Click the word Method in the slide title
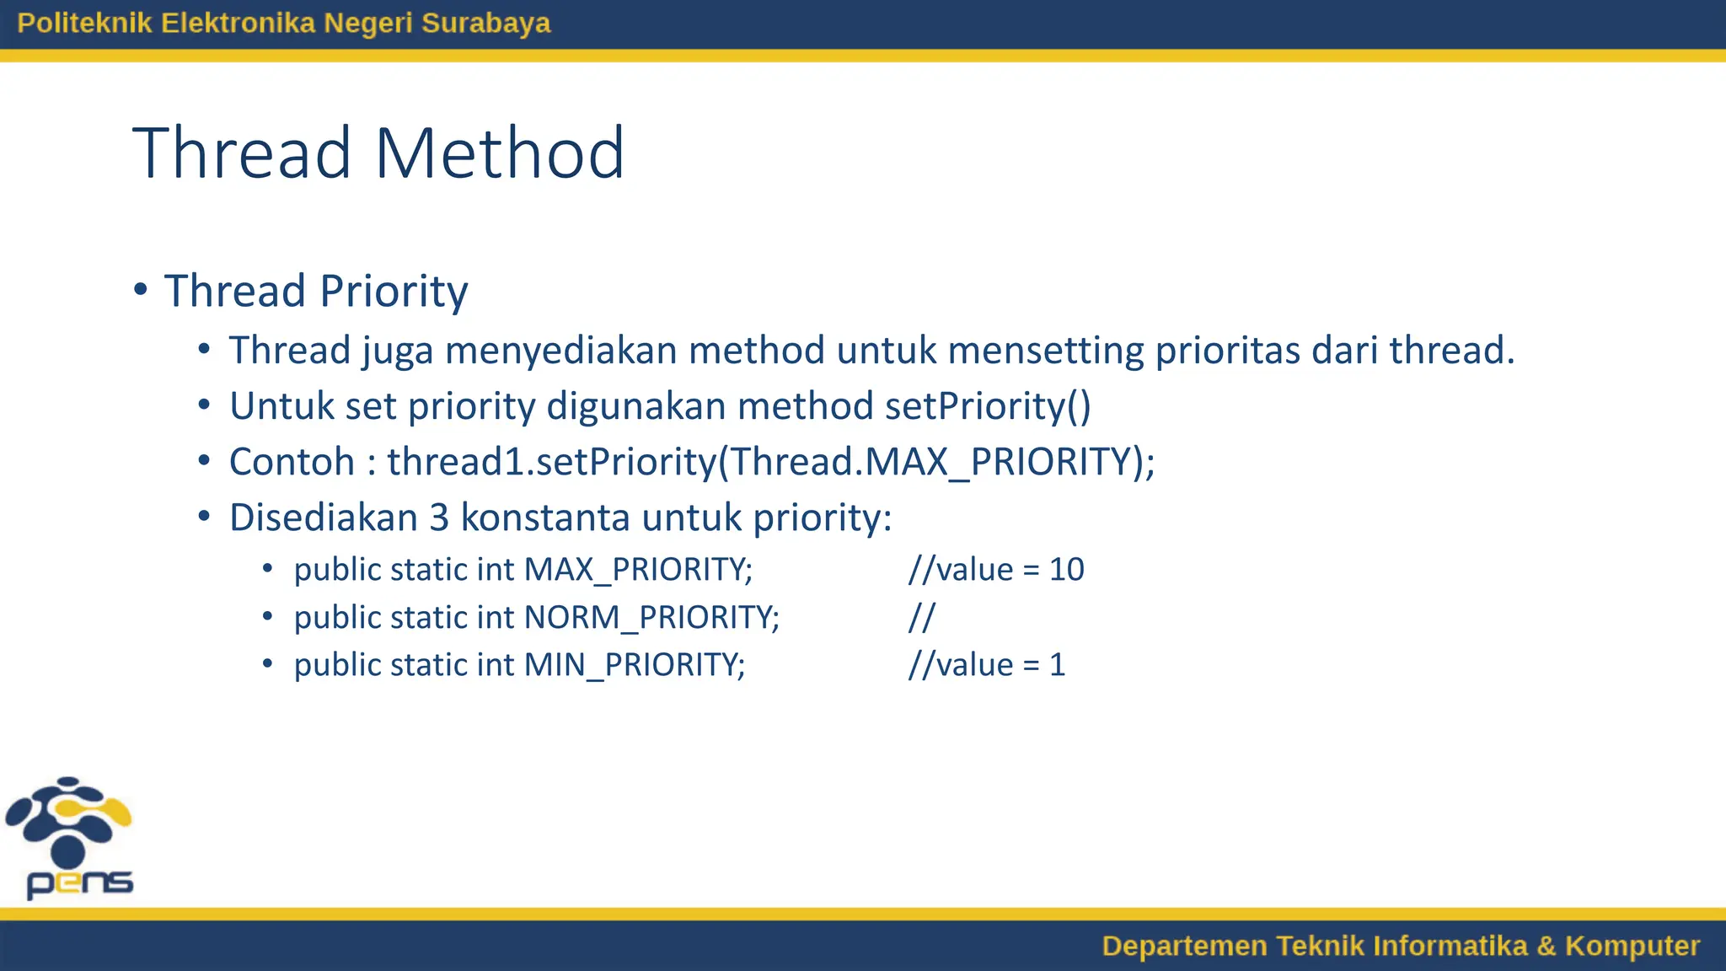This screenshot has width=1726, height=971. (499, 153)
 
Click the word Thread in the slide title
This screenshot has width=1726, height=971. (242, 153)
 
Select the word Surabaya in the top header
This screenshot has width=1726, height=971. (485, 23)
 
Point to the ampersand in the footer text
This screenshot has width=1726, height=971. (1546, 946)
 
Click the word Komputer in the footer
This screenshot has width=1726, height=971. (1632, 946)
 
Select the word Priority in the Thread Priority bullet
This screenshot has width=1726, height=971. (394, 292)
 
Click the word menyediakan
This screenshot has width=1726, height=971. (561, 350)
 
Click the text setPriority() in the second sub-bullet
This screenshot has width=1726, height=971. (988, 406)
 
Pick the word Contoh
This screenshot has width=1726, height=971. (292, 462)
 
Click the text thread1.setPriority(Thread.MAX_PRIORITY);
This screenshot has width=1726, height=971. (770, 462)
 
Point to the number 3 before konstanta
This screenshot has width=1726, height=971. (439, 518)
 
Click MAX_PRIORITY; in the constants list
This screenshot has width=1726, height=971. (638, 570)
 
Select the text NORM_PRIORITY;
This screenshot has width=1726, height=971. (651, 618)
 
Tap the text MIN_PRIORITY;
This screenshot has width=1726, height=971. (635, 665)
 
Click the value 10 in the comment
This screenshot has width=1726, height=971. (1066, 570)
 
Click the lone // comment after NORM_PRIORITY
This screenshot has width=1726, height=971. (921, 618)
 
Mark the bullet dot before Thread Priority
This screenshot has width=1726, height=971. (141, 290)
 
